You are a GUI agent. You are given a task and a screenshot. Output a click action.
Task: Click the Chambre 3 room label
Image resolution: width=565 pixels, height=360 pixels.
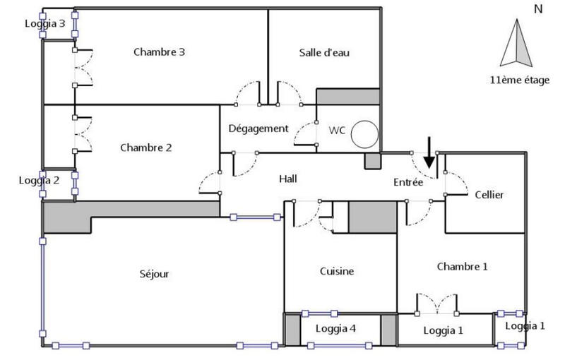tap(159, 52)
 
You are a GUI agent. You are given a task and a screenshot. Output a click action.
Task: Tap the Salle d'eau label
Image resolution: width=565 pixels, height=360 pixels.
tap(324, 52)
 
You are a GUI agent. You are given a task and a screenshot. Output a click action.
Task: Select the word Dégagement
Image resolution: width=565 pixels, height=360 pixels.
tap(258, 128)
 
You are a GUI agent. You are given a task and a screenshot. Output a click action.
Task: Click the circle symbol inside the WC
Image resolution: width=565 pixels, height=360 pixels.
tap(365, 134)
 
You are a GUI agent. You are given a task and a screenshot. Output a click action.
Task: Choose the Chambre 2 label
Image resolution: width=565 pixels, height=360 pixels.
tap(146, 148)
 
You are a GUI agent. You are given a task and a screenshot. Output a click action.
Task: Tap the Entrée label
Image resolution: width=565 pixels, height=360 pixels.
tap(408, 182)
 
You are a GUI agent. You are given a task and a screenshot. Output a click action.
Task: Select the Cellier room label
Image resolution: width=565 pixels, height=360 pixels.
tap(489, 195)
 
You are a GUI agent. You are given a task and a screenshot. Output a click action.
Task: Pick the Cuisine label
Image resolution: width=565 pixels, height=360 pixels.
tap(336, 271)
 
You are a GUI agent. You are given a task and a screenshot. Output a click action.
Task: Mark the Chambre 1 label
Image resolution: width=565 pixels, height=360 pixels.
tap(462, 266)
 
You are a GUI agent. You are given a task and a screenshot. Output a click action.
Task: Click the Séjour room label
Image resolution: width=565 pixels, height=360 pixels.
tap(155, 274)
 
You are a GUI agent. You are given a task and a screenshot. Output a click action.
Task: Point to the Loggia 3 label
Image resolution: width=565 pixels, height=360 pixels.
tap(44, 23)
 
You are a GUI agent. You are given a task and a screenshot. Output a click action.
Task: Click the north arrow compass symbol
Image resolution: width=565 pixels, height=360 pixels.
tap(518, 44)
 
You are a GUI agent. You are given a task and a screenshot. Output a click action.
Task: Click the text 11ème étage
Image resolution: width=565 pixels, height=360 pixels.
tap(518, 80)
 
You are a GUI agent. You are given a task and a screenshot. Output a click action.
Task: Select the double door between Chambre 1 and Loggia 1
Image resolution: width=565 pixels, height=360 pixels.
tap(437, 304)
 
